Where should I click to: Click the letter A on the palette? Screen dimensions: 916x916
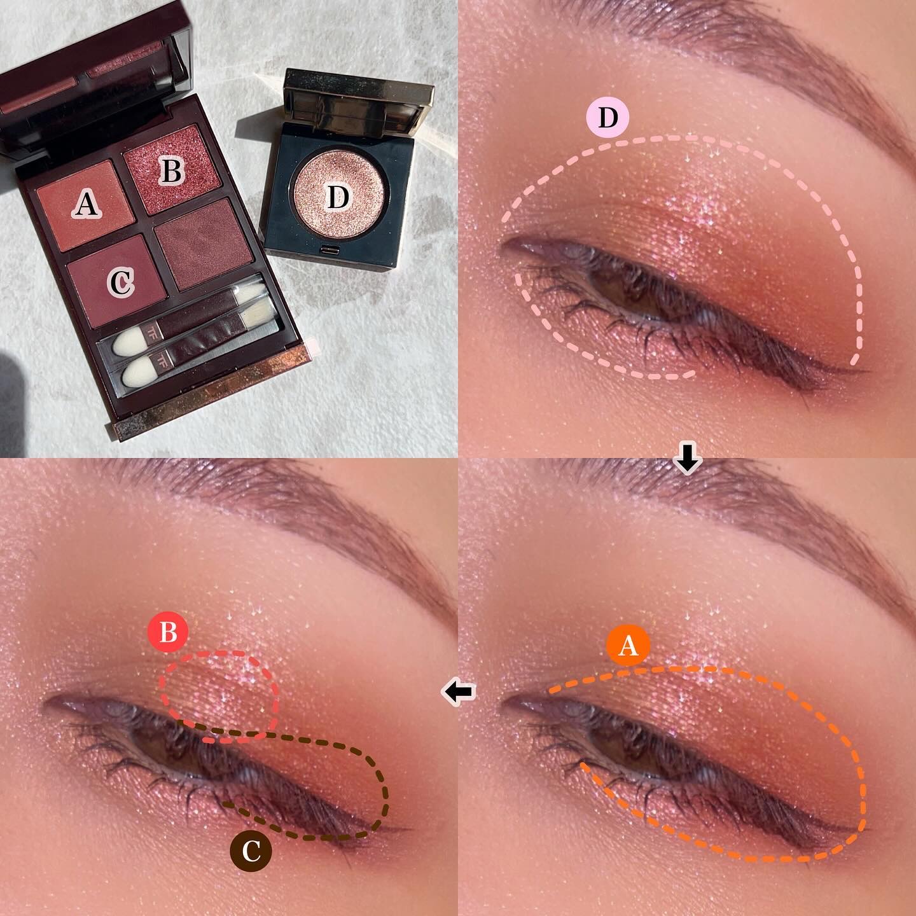pos(87,205)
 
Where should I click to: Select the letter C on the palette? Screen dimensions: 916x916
pos(121,282)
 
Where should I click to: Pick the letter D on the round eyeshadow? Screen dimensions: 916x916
pos(338,197)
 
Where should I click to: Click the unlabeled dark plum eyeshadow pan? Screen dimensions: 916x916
pos(204,244)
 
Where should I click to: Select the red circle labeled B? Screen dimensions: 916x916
pos(168,633)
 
